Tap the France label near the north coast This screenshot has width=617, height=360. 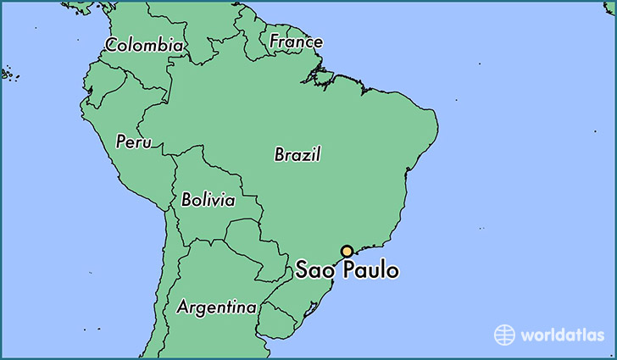point(296,41)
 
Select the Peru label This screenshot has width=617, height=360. point(133,141)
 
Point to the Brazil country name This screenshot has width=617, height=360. point(297,155)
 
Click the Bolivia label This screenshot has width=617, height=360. point(208,201)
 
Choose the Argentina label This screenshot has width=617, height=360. point(216,307)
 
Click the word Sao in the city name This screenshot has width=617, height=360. point(315,272)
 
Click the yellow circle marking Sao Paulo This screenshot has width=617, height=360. point(347,252)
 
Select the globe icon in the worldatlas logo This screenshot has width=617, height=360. point(504,334)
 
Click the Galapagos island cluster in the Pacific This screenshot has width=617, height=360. point(7,74)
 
